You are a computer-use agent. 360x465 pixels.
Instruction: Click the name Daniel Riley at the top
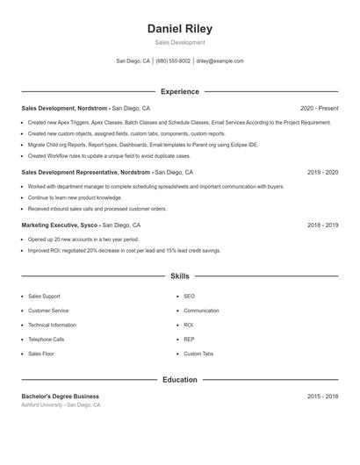click(179, 28)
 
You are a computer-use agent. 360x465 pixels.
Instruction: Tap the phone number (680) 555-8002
click(173, 61)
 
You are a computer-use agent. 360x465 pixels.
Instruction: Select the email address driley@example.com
click(220, 61)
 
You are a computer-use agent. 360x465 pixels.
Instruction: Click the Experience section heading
click(179, 91)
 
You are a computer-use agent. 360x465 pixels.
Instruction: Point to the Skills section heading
click(179, 275)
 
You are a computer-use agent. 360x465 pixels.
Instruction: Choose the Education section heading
click(179, 380)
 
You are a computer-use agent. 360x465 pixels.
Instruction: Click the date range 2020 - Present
click(319, 108)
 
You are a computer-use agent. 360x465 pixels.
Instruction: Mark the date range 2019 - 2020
click(322, 173)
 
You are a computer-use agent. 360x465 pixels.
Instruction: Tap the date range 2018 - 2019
click(322, 225)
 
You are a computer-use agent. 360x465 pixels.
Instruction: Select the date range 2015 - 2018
click(322, 397)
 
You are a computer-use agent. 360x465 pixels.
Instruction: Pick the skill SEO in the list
click(189, 297)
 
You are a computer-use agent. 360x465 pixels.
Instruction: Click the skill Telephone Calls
click(46, 339)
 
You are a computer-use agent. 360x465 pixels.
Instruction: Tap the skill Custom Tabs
click(198, 354)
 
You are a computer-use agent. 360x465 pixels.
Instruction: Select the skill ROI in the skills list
click(188, 325)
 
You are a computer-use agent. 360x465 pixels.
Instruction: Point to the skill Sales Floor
click(40, 354)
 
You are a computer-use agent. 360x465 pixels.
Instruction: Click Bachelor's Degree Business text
click(60, 397)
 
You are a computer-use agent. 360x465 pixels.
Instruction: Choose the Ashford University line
click(61, 405)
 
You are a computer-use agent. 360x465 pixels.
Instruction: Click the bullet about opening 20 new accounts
click(83, 240)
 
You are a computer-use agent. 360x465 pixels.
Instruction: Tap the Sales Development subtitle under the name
click(179, 42)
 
